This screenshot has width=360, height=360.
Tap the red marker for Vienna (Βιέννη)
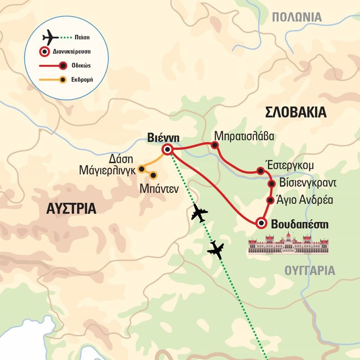168,149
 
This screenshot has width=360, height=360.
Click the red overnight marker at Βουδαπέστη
261,223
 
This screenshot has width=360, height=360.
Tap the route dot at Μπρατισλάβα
215,145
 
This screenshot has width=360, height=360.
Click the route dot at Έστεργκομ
260,171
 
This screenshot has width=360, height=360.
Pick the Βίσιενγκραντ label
307,183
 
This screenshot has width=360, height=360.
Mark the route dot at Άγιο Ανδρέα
270,200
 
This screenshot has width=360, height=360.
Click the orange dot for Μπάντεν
153,175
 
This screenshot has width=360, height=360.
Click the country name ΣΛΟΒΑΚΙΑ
296,112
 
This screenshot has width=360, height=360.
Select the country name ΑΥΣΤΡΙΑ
72,209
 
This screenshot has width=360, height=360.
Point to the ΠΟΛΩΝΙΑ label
297,18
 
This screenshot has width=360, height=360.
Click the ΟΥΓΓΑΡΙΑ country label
310,270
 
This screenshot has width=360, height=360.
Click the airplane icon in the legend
50,37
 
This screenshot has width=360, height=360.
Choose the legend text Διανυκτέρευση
75,51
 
